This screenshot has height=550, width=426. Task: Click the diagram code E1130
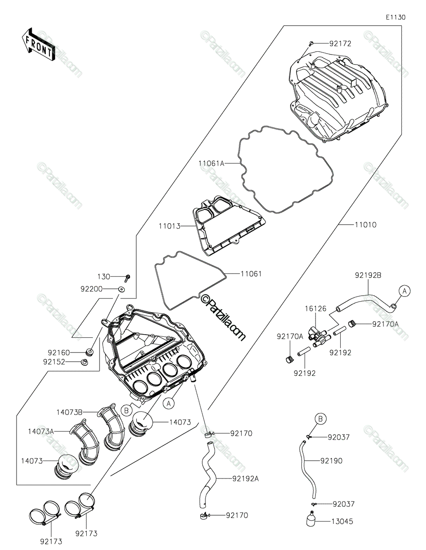(x=395, y=17)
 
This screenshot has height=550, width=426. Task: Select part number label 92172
(x=340, y=44)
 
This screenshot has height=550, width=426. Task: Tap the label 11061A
(x=211, y=163)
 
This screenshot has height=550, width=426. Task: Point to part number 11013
(x=169, y=226)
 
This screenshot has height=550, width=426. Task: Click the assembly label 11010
(x=365, y=225)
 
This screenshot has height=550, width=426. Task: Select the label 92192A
(x=245, y=478)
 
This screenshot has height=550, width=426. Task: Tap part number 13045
(x=342, y=521)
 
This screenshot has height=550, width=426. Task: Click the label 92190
(x=331, y=461)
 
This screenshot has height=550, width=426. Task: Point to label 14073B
(x=70, y=412)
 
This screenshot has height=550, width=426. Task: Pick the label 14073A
(x=41, y=431)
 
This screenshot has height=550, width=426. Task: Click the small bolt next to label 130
(x=127, y=277)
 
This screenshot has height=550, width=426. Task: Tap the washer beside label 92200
(x=122, y=289)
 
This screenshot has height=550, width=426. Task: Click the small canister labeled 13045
(x=310, y=522)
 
